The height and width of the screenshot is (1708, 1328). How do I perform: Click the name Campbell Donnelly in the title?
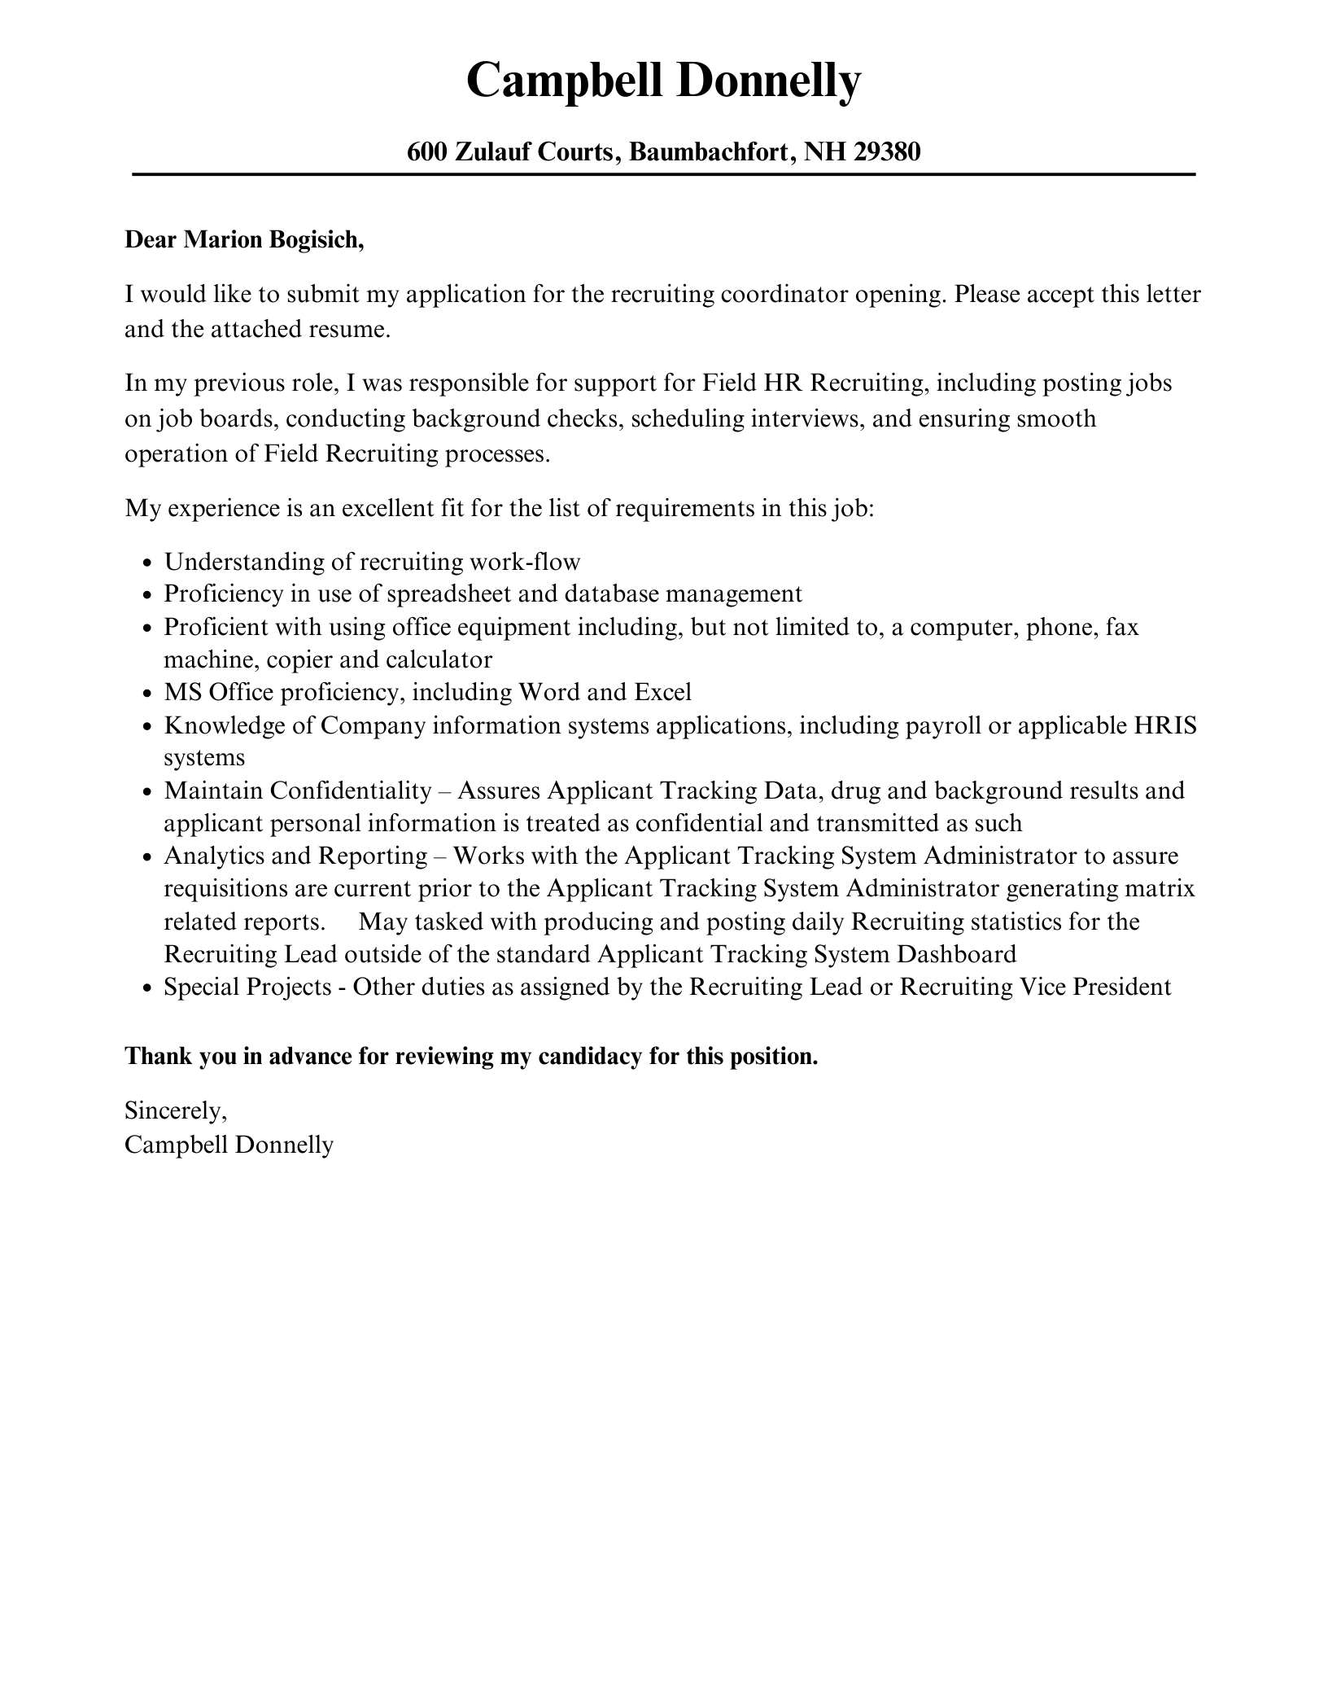click(x=663, y=81)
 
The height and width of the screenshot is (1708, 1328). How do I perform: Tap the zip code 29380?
click(x=887, y=151)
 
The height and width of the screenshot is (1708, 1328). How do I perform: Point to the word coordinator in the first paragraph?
click(x=784, y=294)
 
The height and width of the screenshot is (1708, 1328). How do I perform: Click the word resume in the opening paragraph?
click(x=350, y=330)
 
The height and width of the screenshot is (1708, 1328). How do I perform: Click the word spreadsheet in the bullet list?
click(x=448, y=594)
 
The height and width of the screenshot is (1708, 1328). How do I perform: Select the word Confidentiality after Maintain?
click(x=351, y=790)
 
